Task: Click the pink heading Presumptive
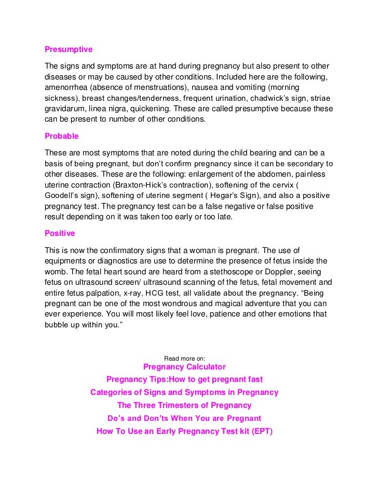(x=69, y=49)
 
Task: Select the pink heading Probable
(x=62, y=136)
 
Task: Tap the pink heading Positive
(x=60, y=233)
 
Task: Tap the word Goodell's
(x=62, y=196)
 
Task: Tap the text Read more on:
(x=184, y=358)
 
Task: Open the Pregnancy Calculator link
(x=184, y=367)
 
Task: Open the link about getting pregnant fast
(x=184, y=379)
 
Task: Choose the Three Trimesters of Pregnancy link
(x=184, y=405)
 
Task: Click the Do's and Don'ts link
(x=184, y=418)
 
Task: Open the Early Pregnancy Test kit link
(x=184, y=431)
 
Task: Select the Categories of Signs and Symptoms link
(x=184, y=392)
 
